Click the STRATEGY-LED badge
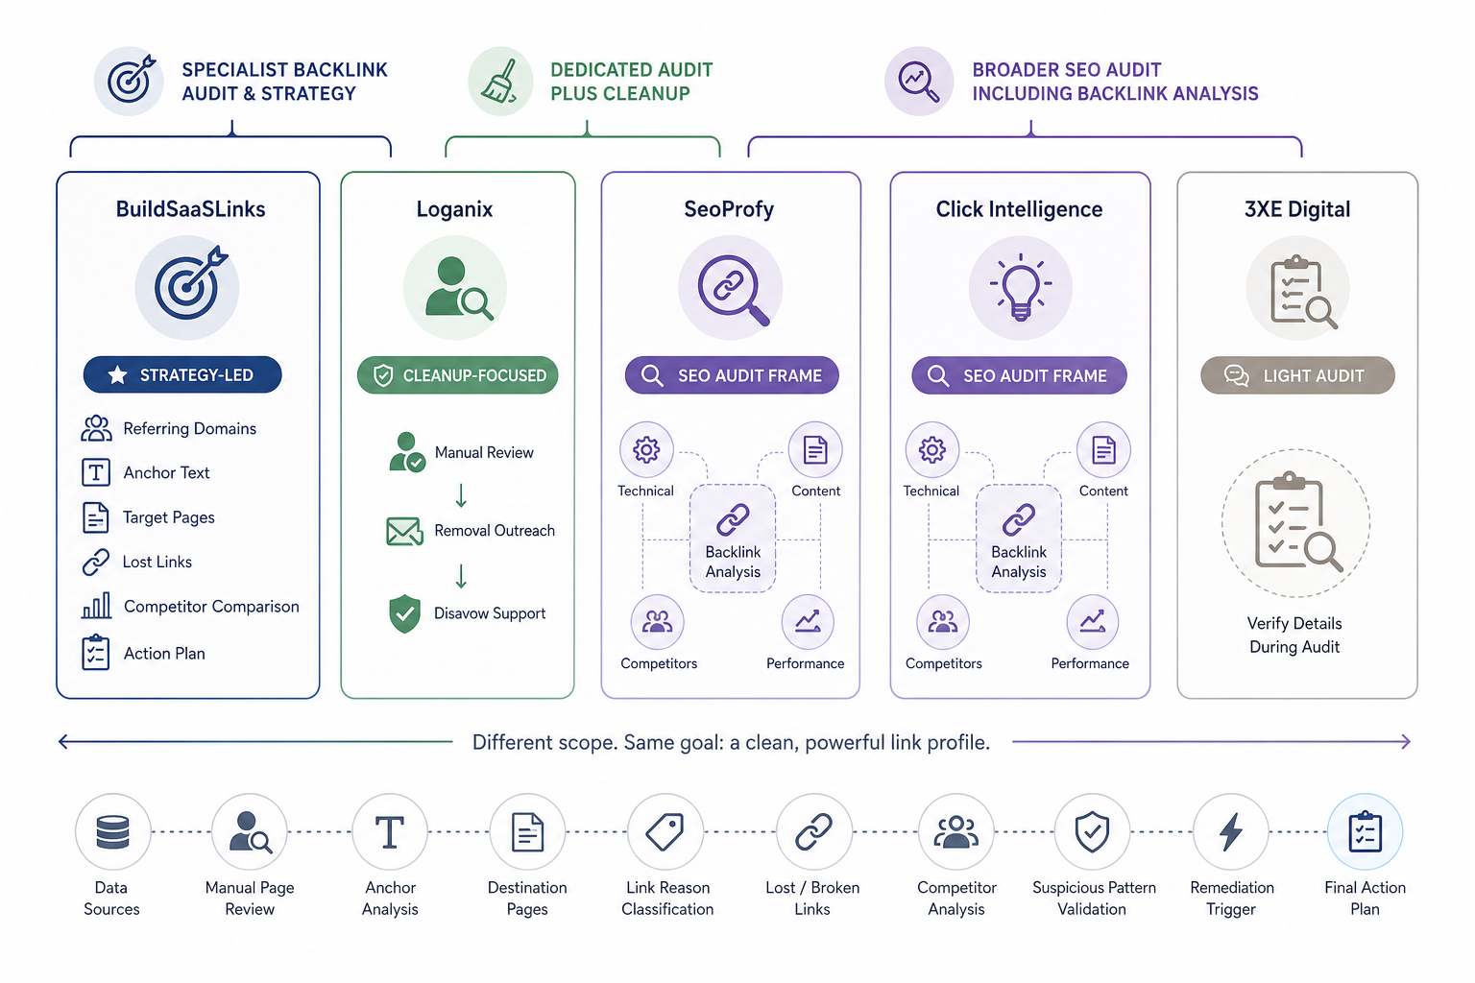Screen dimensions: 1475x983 [182, 374]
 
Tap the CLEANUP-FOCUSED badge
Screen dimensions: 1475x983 [458, 375]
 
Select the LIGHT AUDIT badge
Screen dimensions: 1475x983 [1297, 375]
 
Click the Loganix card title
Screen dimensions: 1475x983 [454, 209]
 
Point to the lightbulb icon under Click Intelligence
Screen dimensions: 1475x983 [1021, 288]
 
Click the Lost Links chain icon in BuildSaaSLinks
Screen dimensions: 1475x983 [96, 563]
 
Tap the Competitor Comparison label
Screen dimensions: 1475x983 [211, 607]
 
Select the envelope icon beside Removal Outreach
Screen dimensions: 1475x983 [404, 531]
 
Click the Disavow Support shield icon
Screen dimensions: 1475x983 [405, 613]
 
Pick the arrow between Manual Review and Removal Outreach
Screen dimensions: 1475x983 [461, 495]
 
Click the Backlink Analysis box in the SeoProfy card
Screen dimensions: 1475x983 [733, 539]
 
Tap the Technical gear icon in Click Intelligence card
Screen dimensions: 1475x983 [931, 450]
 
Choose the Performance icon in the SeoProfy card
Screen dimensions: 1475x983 [808, 622]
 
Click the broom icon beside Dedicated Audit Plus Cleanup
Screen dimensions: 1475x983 [499, 82]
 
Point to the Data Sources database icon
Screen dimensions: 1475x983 [112, 831]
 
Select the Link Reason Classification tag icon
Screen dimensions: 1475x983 [665, 831]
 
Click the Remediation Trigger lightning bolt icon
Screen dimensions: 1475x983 [1231, 831]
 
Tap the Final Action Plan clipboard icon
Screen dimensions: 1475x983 [1365, 831]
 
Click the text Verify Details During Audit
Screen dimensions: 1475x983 [1294, 635]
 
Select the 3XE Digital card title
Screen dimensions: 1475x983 [1297, 209]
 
